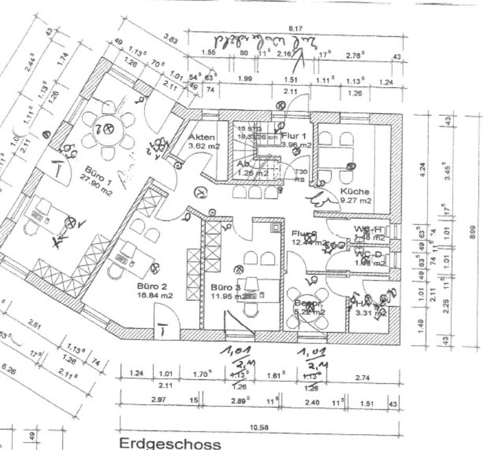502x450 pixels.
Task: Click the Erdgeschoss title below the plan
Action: point(170,444)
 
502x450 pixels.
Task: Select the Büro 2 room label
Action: point(152,286)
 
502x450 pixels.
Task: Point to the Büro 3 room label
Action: point(225,288)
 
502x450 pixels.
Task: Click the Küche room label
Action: point(355,191)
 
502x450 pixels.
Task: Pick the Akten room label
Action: point(201,137)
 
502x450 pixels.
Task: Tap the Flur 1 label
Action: point(296,136)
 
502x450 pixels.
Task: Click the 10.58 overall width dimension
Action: point(259,428)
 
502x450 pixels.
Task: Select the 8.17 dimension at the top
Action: point(295,29)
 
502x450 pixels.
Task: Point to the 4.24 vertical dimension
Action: point(423,171)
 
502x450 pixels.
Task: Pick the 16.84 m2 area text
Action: point(155,295)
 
